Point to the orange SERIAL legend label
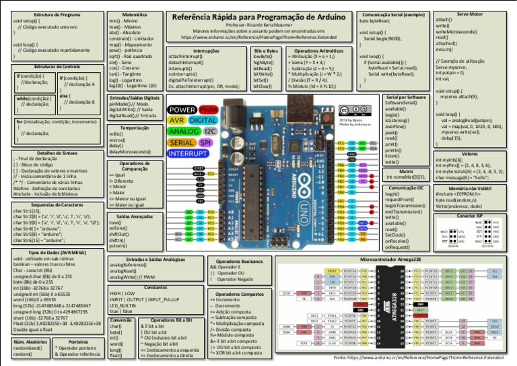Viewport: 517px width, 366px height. coord(181,143)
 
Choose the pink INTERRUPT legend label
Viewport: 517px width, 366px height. coord(191,154)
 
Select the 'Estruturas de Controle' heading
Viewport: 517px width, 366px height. coord(57,67)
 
